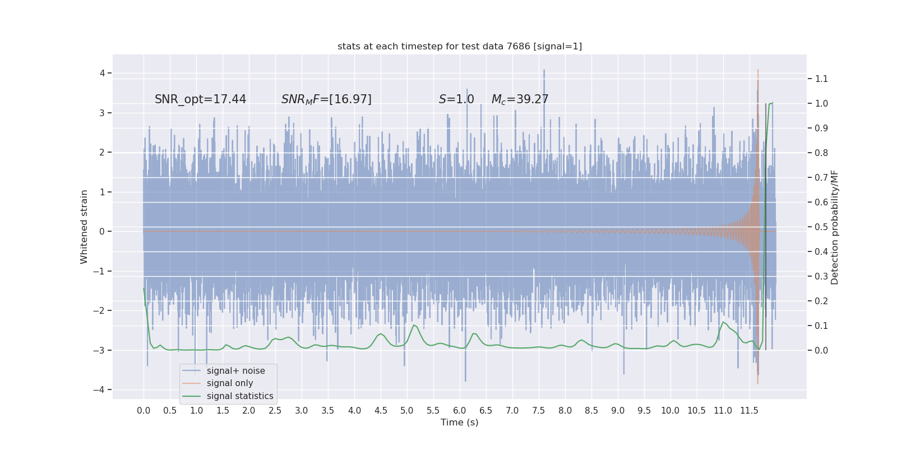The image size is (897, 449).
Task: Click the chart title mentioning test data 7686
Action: (460, 46)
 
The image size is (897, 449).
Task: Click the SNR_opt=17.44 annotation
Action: (200, 99)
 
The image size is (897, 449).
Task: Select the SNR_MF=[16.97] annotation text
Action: (326, 99)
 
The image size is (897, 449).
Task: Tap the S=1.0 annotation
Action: (456, 99)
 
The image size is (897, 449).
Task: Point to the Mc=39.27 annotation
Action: (520, 99)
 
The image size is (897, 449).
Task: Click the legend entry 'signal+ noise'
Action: (235, 371)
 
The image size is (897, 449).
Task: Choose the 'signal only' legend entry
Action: (230, 383)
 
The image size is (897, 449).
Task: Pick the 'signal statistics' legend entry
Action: (240, 396)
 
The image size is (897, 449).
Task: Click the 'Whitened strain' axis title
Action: (84, 227)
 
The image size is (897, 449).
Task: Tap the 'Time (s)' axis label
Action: (460, 423)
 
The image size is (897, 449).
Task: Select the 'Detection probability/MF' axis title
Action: (835, 227)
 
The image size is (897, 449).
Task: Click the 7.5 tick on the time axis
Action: (538, 410)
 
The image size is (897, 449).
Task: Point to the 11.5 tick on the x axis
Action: (749, 410)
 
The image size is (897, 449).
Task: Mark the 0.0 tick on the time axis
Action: (144, 410)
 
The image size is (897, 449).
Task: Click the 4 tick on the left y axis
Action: (103, 73)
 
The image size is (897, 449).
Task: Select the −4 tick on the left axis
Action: (101, 390)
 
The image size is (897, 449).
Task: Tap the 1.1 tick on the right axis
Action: (821, 79)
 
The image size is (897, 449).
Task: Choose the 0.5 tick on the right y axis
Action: (821, 227)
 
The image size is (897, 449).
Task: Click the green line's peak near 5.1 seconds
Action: (414, 326)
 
